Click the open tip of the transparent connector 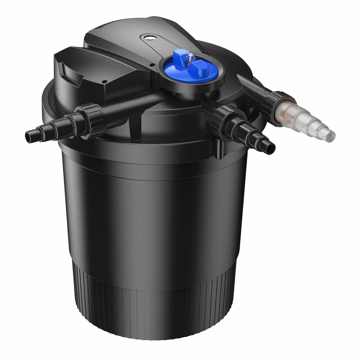point(330,136)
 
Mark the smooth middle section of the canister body point(155,209)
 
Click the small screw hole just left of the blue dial point(153,65)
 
